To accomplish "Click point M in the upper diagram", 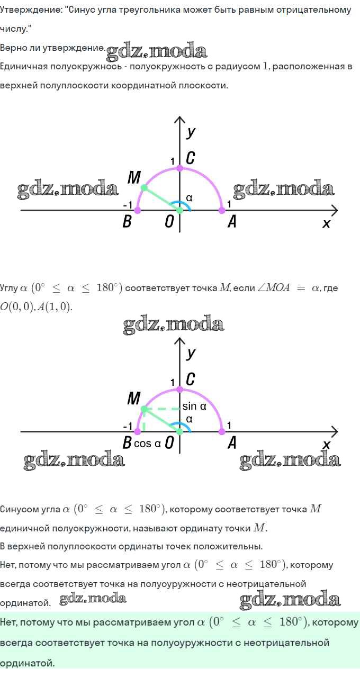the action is coord(144,188).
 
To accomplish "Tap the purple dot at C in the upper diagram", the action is coord(180,168).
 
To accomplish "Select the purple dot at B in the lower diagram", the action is coord(138,431).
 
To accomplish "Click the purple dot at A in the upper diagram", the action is coord(222,211).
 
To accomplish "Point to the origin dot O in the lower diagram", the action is coord(180,431).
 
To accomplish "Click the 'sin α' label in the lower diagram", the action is coord(194,406).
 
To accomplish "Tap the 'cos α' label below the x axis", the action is coord(147,444).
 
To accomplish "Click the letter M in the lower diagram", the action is coord(134,398).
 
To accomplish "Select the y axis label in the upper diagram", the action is coord(191,132).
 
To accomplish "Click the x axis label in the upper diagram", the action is coord(326,223).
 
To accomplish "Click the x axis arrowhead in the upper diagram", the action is coord(335,211).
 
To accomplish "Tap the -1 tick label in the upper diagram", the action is coord(128,205).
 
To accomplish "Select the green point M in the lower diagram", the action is coord(144,409).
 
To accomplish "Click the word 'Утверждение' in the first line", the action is coord(30,10).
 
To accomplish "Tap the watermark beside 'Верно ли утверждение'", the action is coord(157,51).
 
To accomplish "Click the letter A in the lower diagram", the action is coord(232,442).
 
